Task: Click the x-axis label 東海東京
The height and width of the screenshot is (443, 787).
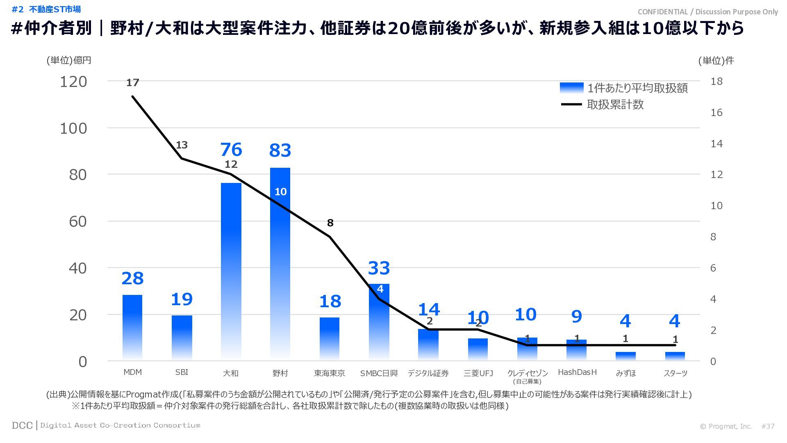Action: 329,373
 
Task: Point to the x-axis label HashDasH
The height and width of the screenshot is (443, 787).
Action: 577,372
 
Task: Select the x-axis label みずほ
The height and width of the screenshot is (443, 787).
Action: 626,373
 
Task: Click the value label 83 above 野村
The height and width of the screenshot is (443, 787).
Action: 280,151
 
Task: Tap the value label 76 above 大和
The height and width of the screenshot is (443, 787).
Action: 231,150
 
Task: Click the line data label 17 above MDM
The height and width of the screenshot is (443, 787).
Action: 132,83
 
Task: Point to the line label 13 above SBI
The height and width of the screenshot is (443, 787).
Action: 182,145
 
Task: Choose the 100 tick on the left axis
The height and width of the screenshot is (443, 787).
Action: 73,128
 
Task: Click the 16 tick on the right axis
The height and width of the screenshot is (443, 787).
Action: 716,112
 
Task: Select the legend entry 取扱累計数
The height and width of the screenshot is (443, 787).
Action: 615,105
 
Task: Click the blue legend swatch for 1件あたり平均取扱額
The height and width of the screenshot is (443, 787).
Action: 571,88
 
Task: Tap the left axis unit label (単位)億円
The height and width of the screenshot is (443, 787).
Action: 68,60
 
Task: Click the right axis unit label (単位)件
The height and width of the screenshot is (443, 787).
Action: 716,60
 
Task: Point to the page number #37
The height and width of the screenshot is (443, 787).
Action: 768,426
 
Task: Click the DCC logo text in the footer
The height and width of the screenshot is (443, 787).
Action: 22,425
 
